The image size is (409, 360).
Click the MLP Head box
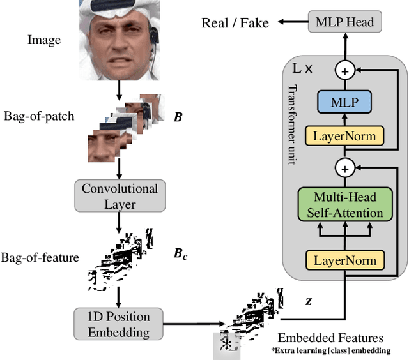tap(345, 23)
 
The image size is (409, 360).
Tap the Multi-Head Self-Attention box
tap(344, 205)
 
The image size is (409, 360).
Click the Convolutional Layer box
tap(120, 196)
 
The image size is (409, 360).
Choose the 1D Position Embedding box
tap(120, 324)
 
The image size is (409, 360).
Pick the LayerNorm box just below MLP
tap(344, 137)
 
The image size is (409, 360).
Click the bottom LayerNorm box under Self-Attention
tap(344, 260)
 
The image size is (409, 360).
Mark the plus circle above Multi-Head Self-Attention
tap(345, 169)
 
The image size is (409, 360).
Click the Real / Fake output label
tap(235, 24)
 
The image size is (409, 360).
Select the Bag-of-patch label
tap(39, 116)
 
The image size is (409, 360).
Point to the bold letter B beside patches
tap(178, 117)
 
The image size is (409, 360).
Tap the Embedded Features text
tap(330, 338)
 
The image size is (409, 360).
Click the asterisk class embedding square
tap(226, 344)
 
